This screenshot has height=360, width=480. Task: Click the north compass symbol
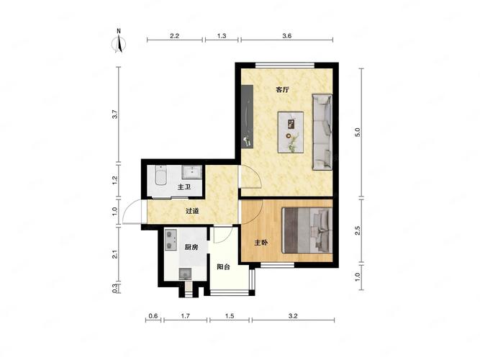click(119, 41)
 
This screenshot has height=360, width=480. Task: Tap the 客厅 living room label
click(282, 90)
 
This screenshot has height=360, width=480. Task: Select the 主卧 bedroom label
click(261, 243)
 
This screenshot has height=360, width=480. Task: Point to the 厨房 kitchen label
click(191, 247)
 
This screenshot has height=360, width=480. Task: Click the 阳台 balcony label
click(224, 267)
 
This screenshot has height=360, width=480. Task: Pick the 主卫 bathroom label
click(184, 187)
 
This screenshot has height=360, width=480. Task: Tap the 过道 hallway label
click(193, 211)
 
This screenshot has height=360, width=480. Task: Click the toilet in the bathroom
click(160, 175)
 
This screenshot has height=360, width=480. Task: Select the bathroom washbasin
click(192, 172)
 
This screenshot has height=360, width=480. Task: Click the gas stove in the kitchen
click(171, 240)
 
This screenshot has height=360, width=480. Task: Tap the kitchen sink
click(185, 274)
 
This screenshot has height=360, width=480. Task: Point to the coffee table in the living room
click(291, 132)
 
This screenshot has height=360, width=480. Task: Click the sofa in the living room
click(322, 132)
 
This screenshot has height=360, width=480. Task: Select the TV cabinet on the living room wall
click(247, 117)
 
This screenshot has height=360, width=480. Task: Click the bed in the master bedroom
click(307, 230)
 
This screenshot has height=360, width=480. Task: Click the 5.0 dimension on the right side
click(358, 132)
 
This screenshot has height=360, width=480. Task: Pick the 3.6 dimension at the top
click(287, 36)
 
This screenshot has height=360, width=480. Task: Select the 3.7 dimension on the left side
click(115, 114)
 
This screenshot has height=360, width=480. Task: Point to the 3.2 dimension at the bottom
click(293, 316)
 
